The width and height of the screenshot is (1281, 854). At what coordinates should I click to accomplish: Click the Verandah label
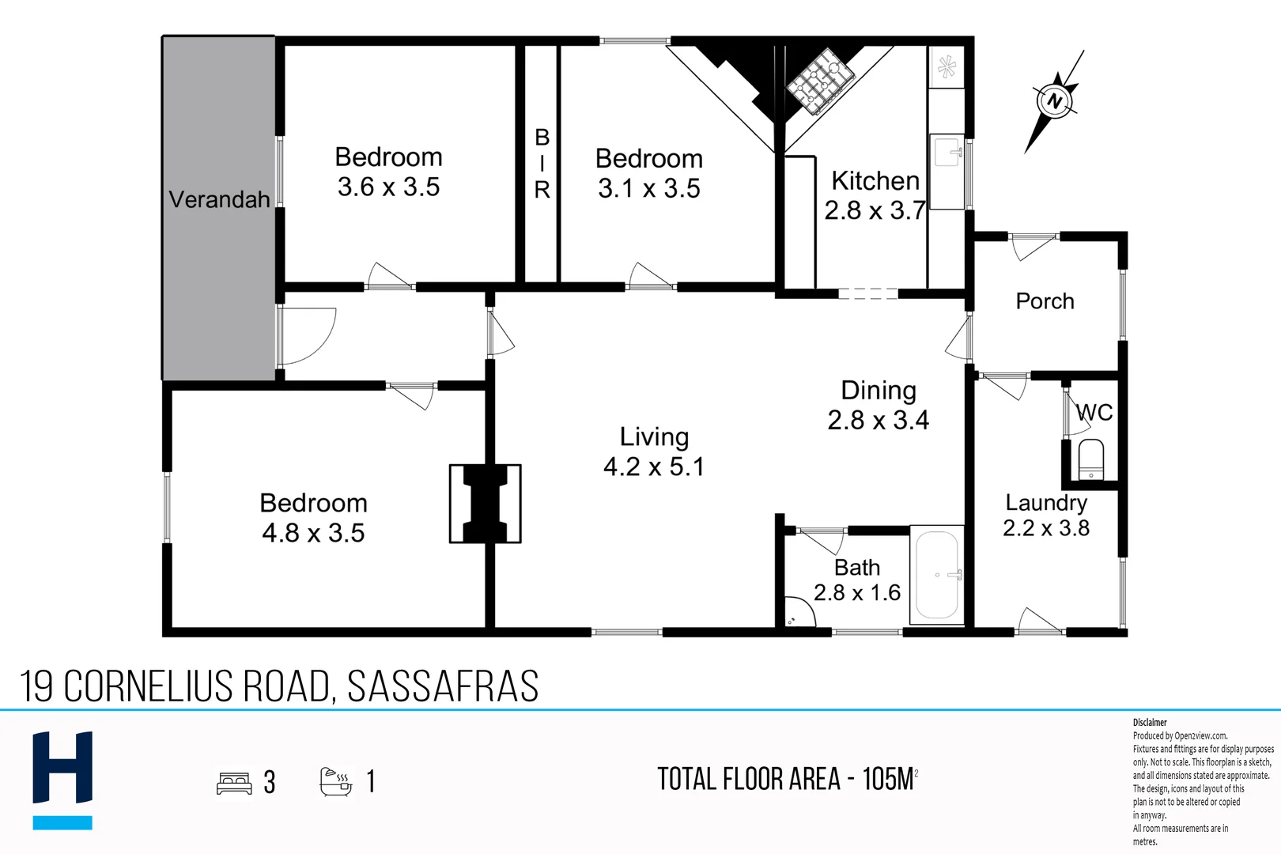point(219,199)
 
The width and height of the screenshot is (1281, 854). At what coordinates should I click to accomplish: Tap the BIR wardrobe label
point(542,164)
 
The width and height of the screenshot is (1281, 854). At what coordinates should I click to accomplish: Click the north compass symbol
point(1055,101)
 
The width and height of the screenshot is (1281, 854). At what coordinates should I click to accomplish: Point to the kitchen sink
point(947,151)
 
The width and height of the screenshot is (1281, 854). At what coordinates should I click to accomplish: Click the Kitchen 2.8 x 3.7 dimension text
point(875,210)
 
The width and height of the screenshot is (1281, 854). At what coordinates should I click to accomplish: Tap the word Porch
point(1045,301)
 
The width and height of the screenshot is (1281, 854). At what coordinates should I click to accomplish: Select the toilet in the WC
point(1090,459)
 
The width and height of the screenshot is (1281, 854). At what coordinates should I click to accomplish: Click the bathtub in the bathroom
point(937,575)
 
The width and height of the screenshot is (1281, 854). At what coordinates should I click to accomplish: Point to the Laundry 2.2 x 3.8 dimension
point(1045,527)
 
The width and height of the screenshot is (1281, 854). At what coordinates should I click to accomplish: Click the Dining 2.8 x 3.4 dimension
point(878,419)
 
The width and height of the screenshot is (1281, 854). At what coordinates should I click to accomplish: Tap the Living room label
point(654,436)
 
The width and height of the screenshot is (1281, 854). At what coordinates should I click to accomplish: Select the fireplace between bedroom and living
point(485,504)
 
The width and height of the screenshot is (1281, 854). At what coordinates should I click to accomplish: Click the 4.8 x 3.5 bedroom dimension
point(313,533)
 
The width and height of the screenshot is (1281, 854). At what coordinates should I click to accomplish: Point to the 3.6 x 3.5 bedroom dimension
point(388,187)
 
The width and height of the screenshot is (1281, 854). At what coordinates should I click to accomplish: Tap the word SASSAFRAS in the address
point(443,686)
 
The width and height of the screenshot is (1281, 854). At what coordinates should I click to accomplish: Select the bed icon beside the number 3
point(234,783)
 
